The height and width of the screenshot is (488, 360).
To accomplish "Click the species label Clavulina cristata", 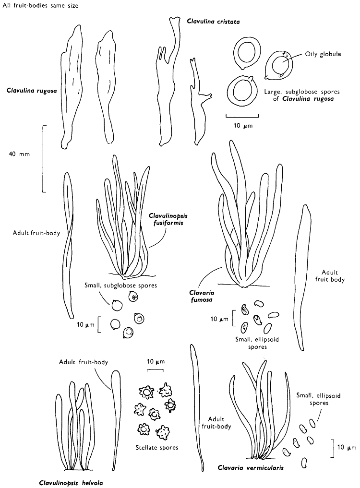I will click(213, 22).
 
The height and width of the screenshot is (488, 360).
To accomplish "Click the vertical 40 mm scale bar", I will click(43, 158).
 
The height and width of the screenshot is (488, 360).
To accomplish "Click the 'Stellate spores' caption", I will click(154, 448).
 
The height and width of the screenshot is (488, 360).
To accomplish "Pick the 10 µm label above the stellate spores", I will click(155, 361).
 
